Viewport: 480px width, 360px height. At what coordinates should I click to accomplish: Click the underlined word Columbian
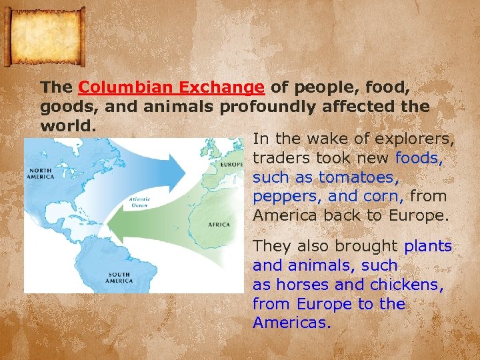(117, 87)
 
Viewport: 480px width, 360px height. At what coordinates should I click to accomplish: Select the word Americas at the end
(291, 323)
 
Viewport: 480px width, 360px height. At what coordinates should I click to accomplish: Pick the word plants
(428, 246)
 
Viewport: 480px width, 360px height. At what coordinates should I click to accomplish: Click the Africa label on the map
(219, 225)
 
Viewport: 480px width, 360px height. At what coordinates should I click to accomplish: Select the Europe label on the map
(230, 164)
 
